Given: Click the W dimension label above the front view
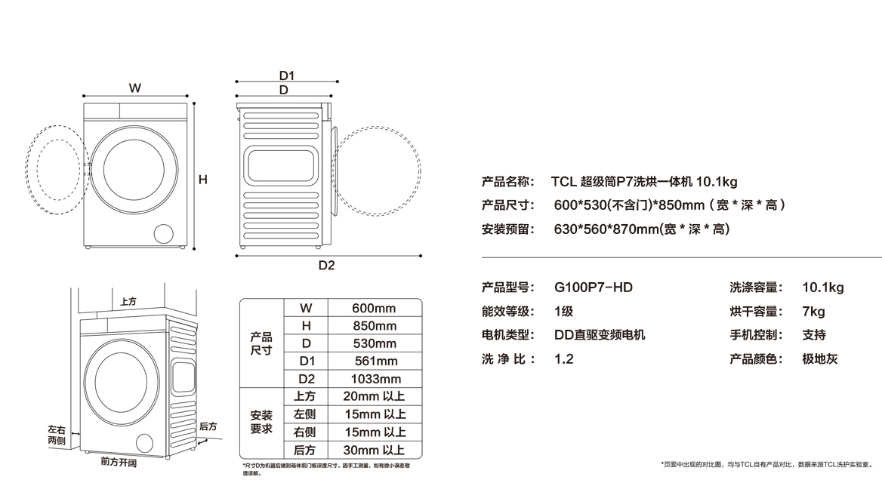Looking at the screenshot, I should tap(134, 88).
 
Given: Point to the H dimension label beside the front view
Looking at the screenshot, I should tap(203, 180).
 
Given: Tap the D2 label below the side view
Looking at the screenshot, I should tap(326, 265).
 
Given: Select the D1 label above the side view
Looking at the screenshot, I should tap(286, 75).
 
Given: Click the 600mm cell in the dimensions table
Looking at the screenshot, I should tap(374, 308).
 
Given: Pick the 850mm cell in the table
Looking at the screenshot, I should tap(375, 326).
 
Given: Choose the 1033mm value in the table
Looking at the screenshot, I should tap(376, 379).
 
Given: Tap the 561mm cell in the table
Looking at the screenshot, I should tap(375, 361).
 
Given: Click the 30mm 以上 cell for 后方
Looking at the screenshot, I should tap(381, 450).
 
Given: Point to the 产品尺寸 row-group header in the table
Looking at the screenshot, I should tap(261, 344).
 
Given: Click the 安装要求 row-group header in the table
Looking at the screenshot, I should tap(261, 423).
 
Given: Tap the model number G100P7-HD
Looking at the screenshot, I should tap(593, 288).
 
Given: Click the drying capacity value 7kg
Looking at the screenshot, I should tap(813, 312).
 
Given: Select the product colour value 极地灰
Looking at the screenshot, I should tap(819, 359).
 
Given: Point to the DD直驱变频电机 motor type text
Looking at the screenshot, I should tap(600, 335).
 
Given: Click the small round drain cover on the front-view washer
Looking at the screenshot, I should tap(163, 233).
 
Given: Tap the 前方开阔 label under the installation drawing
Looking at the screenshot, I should tap(119, 462).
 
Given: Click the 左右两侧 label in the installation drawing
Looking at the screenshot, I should tap(57, 435).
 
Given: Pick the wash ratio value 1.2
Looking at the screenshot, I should tap(563, 359).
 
